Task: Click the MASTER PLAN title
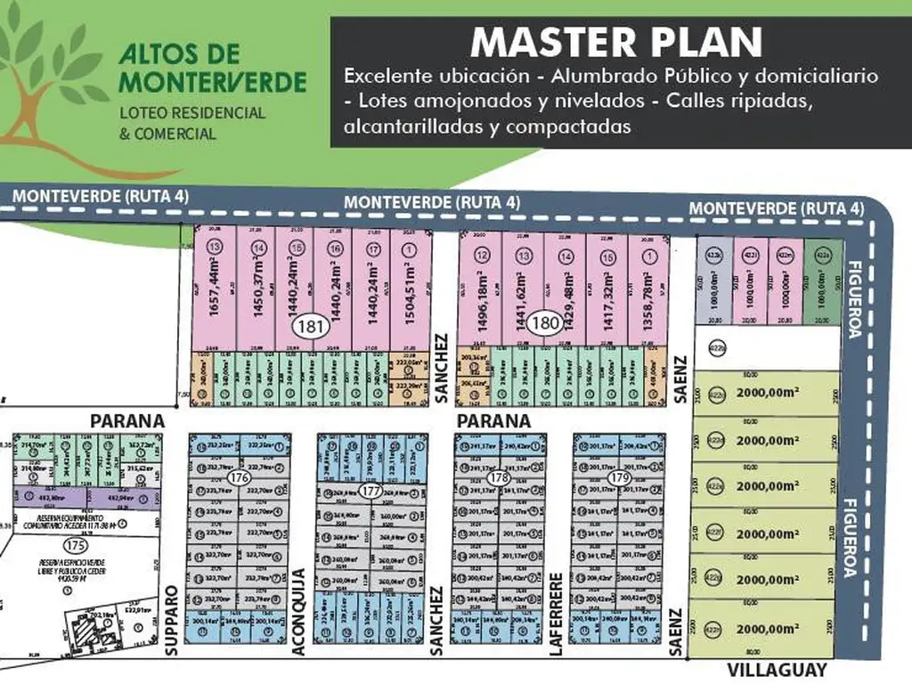tap(616, 42)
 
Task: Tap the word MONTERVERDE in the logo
tap(213, 83)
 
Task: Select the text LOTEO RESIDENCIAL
tap(192, 113)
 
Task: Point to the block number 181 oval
tap(309, 326)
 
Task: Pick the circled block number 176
tap(238, 478)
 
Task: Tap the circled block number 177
tap(372, 492)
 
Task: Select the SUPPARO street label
tap(173, 621)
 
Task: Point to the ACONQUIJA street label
tap(300, 612)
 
